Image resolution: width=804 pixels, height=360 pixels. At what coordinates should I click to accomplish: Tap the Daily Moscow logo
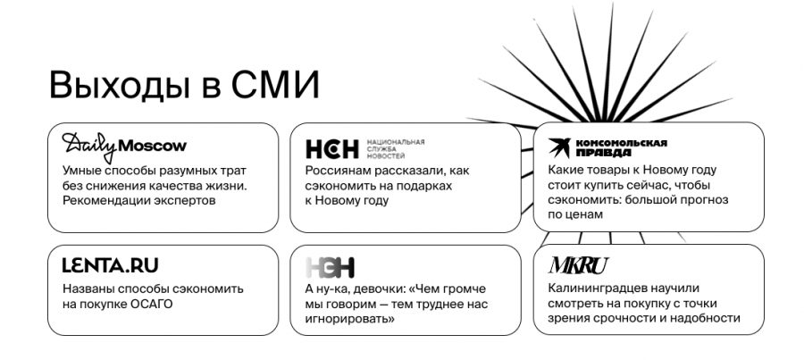tap(124, 145)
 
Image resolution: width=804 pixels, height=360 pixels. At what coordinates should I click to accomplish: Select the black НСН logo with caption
tap(332, 148)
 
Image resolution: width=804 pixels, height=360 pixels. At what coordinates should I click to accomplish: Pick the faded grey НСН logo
tap(330, 266)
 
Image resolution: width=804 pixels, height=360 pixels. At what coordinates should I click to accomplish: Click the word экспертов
tap(182, 200)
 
